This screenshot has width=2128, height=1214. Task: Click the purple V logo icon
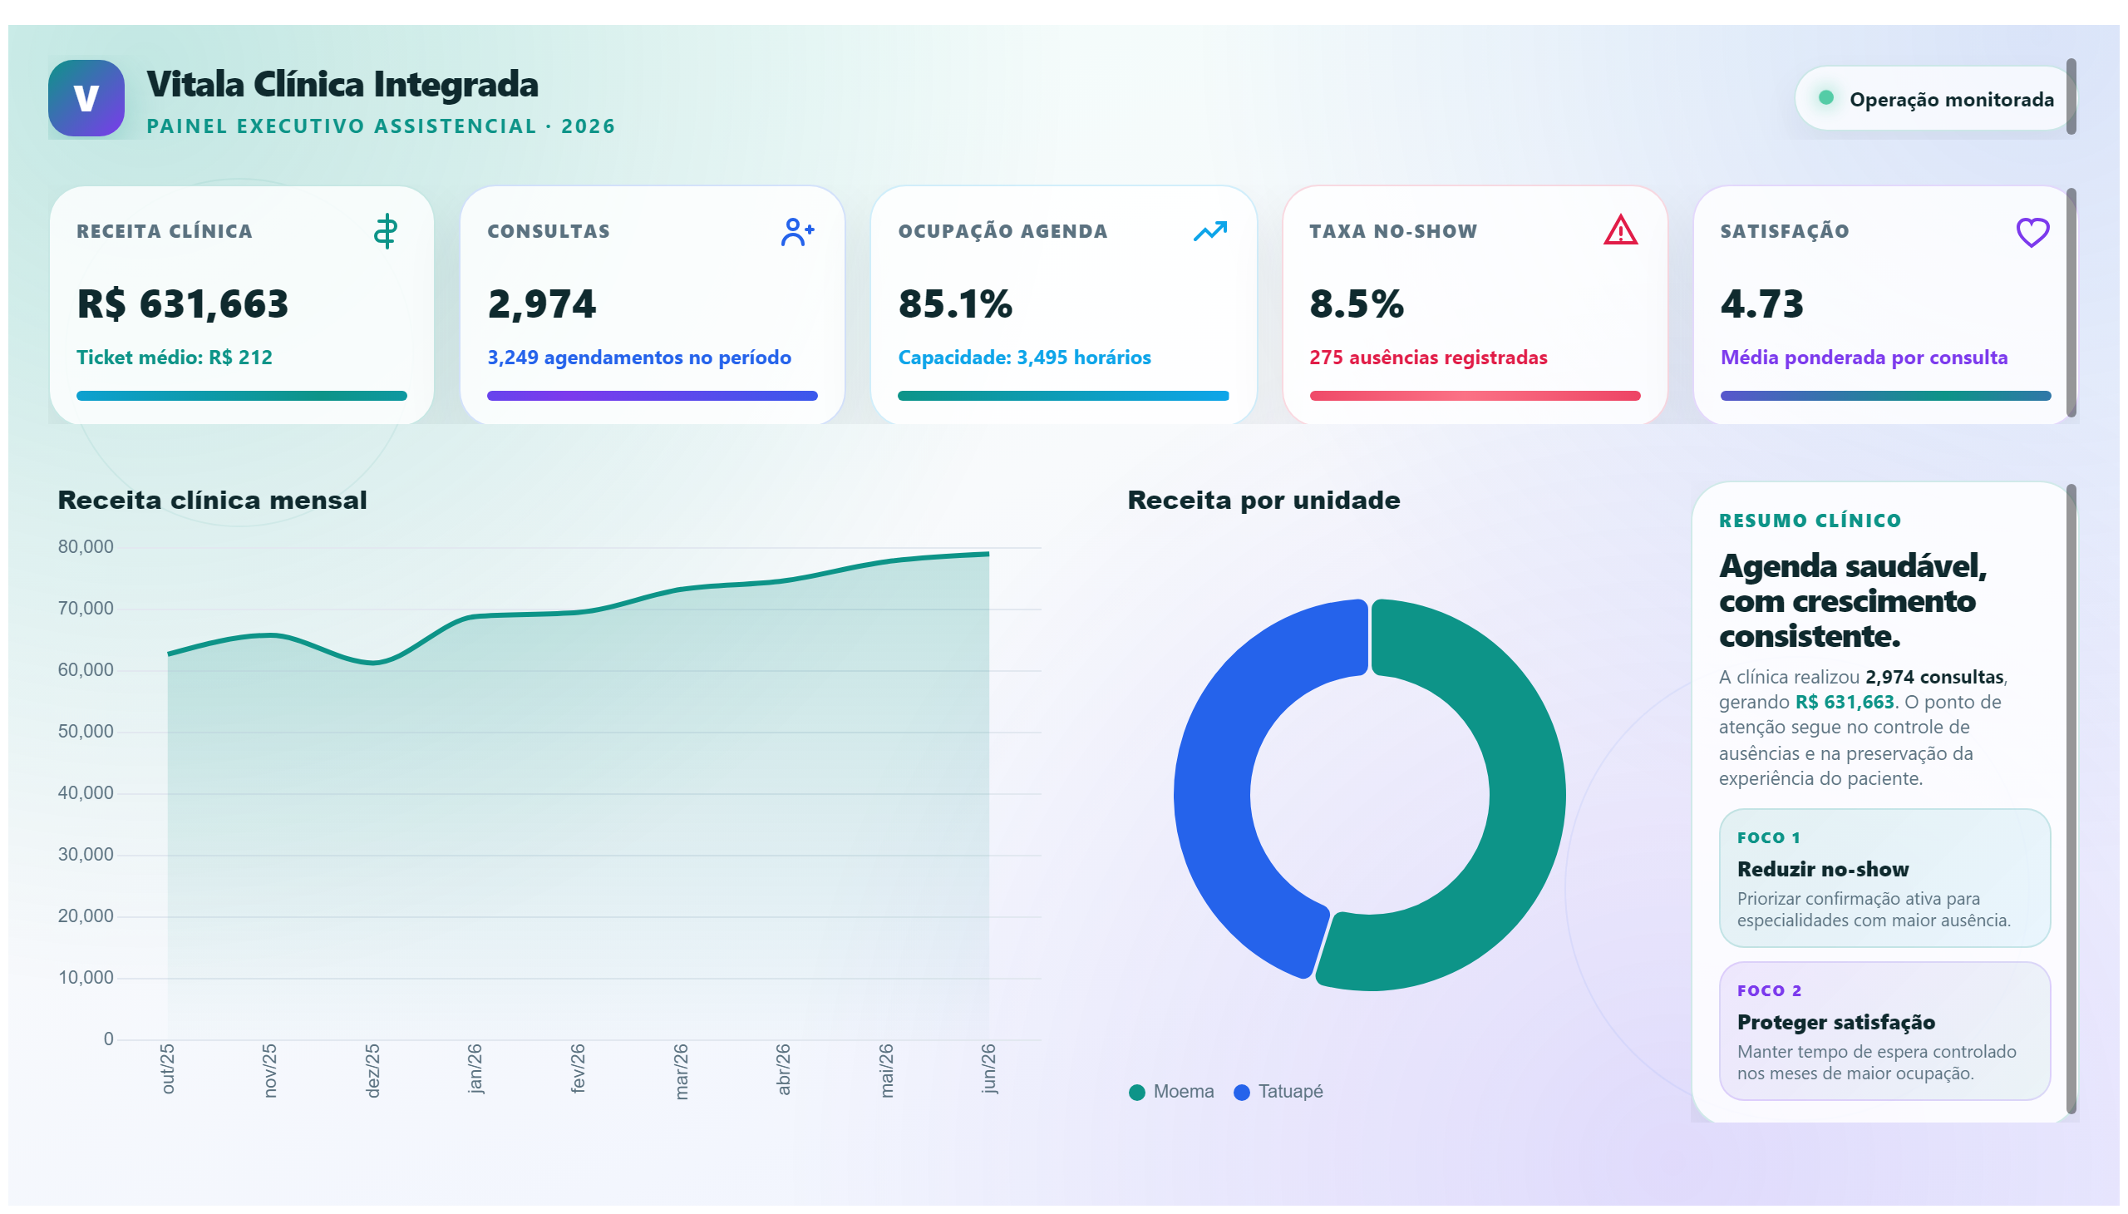tap(86, 97)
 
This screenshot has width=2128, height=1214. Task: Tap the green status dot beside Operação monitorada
tap(1825, 97)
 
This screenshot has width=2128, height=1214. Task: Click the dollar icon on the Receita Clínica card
tap(385, 231)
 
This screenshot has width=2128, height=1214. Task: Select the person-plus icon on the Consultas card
tap(797, 232)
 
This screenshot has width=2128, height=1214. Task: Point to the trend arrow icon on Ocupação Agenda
tap(1209, 231)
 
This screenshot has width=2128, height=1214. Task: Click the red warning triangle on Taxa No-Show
tap(1620, 230)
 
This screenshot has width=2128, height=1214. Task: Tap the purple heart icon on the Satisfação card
tap(2032, 232)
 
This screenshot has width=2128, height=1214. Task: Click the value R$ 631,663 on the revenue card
tap(183, 303)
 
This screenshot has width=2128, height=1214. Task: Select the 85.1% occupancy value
tap(955, 303)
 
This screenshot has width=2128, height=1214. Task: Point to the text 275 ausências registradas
tap(1428, 358)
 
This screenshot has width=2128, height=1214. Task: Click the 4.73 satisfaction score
tap(1762, 303)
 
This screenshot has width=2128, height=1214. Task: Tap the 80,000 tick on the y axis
tap(86, 547)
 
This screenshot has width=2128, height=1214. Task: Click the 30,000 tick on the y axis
tap(86, 855)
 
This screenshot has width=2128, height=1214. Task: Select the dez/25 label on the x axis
tap(372, 1071)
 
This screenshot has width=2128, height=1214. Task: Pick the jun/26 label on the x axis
tap(988, 1068)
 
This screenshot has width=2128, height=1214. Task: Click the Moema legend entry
tap(1171, 1092)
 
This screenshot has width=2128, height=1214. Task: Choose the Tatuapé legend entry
tap(1278, 1092)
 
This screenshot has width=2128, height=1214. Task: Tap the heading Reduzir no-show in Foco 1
tap(1823, 869)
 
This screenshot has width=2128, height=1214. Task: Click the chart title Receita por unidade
tap(1263, 501)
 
